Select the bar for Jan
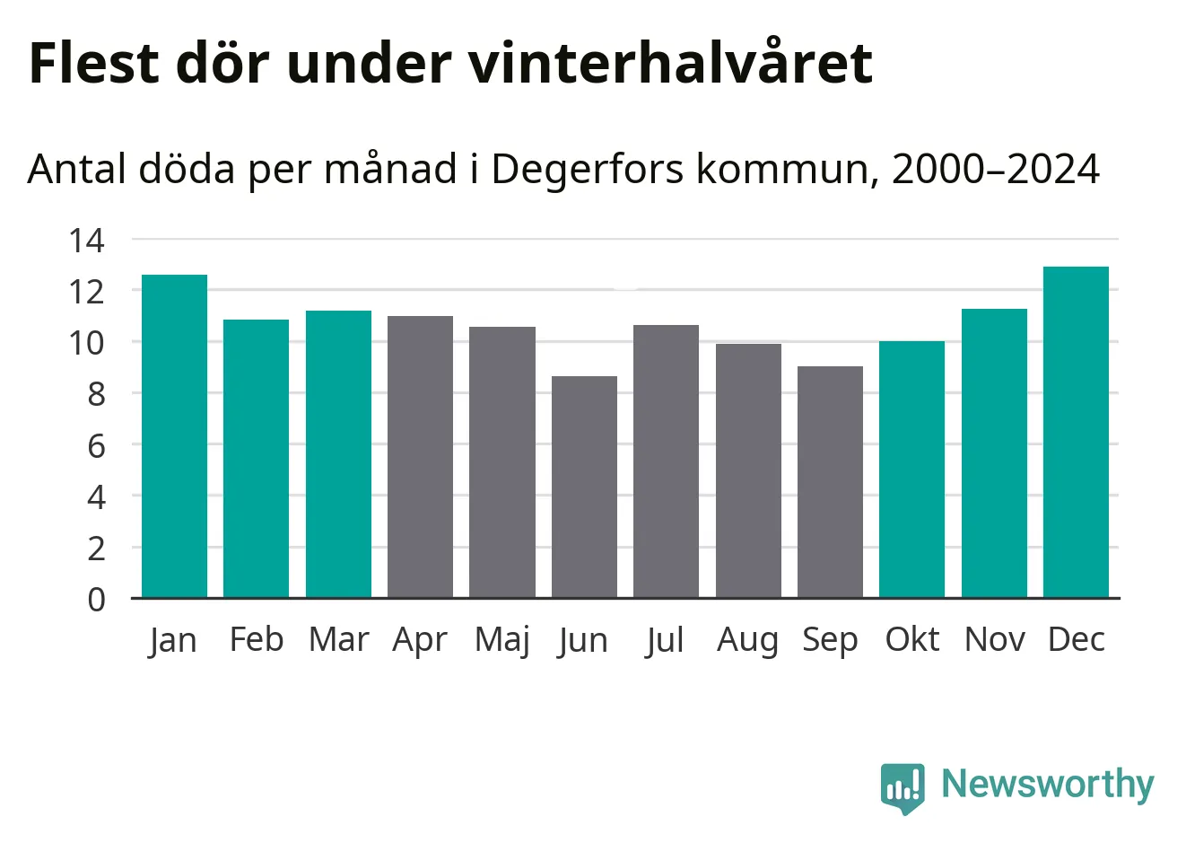click(x=174, y=436)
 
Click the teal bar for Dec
click(x=1076, y=432)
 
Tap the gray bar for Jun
click(x=584, y=487)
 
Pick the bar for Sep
click(x=830, y=482)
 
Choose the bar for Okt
click(x=911, y=470)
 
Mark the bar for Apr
click(x=420, y=457)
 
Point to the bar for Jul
click(x=666, y=461)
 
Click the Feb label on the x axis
click(x=257, y=639)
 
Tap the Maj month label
click(x=502, y=640)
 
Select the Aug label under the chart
click(x=747, y=640)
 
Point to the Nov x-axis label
click(x=994, y=639)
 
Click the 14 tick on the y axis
click(x=87, y=240)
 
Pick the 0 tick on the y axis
click(x=96, y=599)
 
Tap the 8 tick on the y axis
click(x=96, y=393)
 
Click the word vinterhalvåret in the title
click(x=669, y=63)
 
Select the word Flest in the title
click(x=94, y=63)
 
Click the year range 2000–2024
click(x=996, y=169)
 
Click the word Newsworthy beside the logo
click(x=1047, y=785)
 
